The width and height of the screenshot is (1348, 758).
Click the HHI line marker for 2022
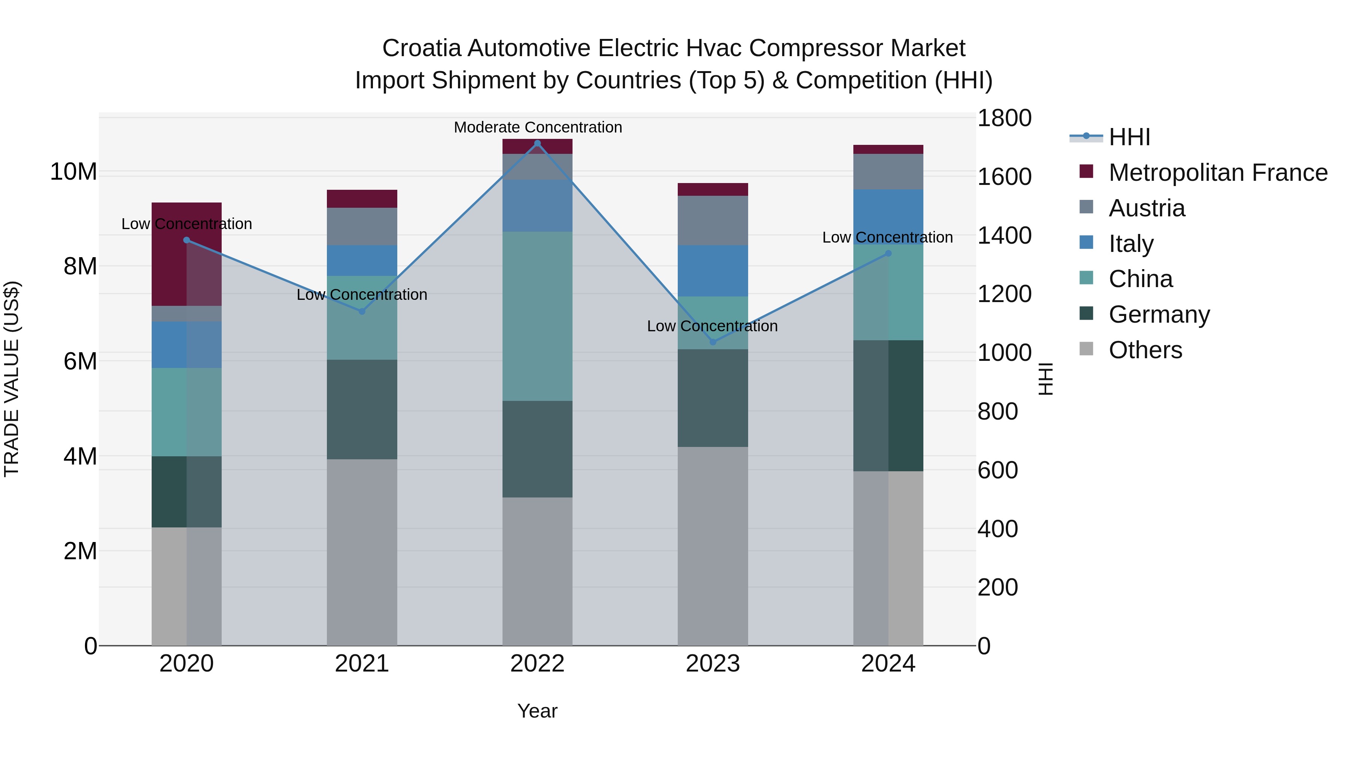coord(537,143)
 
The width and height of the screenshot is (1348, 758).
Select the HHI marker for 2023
coord(713,342)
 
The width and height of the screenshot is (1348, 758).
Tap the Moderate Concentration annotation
coord(537,127)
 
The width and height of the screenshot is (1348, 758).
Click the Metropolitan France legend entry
coord(1218,173)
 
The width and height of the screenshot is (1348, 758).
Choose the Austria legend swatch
coord(1086,207)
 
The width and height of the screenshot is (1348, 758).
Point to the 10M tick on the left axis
coord(73,171)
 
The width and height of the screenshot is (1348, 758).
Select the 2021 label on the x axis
coord(362,664)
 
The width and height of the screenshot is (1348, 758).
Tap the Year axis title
coord(537,711)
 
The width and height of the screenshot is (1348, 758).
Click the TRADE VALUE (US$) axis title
coord(12,379)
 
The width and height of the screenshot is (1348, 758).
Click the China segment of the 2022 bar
coord(537,316)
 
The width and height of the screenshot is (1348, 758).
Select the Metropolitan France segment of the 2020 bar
coord(186,254)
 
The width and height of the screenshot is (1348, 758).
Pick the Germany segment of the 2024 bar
coord(888,405)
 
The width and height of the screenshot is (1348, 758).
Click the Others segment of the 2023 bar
coord(713,546)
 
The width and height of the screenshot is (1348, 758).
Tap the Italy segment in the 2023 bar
coord(713,271)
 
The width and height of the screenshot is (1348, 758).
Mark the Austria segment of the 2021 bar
coord(362,226)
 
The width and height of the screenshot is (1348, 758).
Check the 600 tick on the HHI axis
coord(998,470)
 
